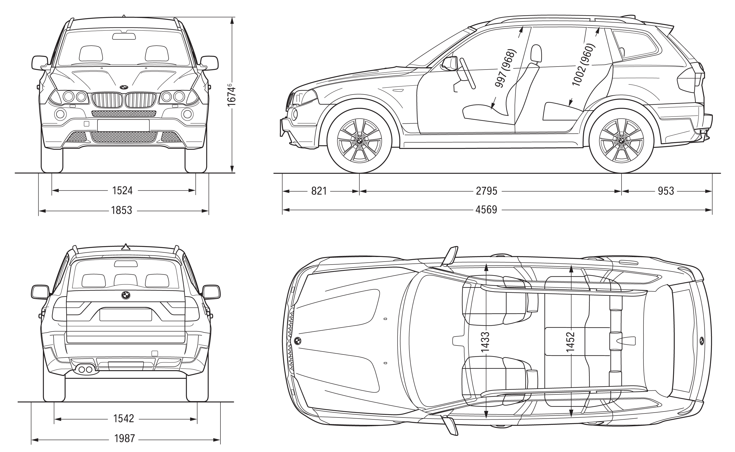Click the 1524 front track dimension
[x=122, y=190]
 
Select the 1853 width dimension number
[x=122, y=211]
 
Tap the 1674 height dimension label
[x=232, y=95]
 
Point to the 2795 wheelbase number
[x=486, y=191]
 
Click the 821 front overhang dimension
[x=319, y=191]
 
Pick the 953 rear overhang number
[x=666, y=191]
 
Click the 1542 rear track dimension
[x=123, y=419]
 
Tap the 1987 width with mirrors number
[x=125, y=438]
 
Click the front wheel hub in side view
[x=359, y=140]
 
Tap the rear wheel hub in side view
[x=622, y=140]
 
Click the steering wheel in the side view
[x=468, y=73]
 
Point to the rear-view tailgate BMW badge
[x=126, y=295]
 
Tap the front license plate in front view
[x=123, y=125]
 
